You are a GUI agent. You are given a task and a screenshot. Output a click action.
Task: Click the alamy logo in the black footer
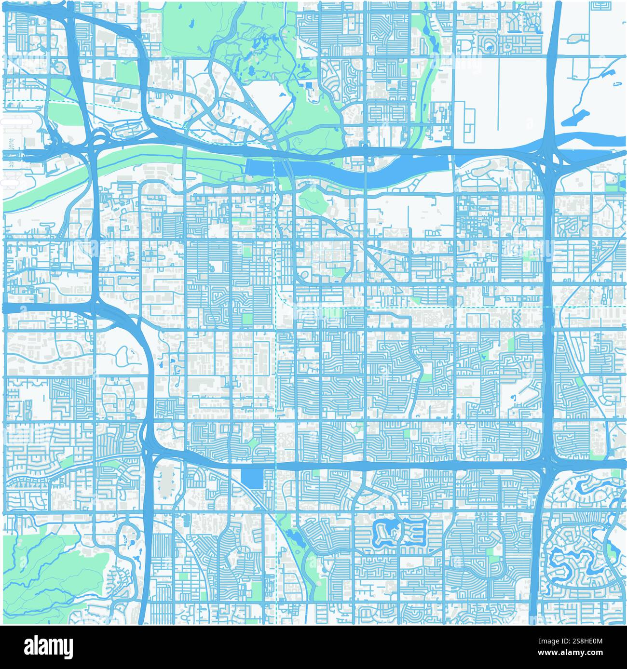pos(48,646)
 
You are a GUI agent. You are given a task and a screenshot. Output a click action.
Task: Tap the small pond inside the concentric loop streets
pos(489,47)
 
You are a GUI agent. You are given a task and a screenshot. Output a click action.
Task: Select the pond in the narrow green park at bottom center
pos(291,534)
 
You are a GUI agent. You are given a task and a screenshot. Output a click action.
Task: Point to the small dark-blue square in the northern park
pos(309,85)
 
